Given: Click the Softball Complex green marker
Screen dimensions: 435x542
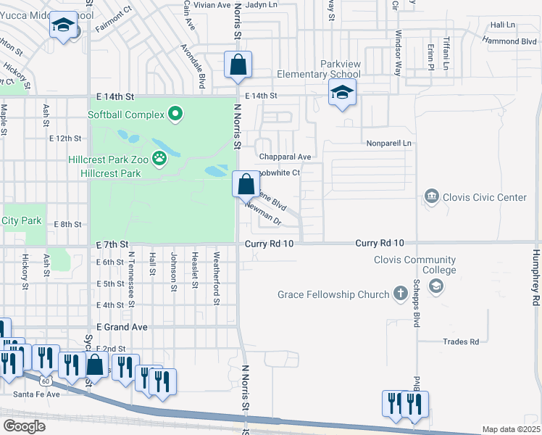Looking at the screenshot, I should click(x=175, y=114).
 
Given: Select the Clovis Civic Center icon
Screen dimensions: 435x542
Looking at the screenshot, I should click(x=432, y=197).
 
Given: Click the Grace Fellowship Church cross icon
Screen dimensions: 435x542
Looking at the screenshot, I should click(x=400, y=294).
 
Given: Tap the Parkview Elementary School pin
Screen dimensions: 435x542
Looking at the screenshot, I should click(x=342, y=94).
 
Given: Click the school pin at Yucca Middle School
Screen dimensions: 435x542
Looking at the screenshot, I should click(x=64, y=27).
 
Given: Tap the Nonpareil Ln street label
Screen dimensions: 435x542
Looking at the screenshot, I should click(x=388, y=144).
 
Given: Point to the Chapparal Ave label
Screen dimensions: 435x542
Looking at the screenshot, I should click(x=285, y=157).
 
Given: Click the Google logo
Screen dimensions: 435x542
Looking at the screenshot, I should click(x=24, y=426).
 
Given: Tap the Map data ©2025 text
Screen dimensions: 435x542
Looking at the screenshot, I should click(x=511, y=429).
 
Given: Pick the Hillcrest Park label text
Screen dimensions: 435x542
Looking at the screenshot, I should click(x=114, y=174).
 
